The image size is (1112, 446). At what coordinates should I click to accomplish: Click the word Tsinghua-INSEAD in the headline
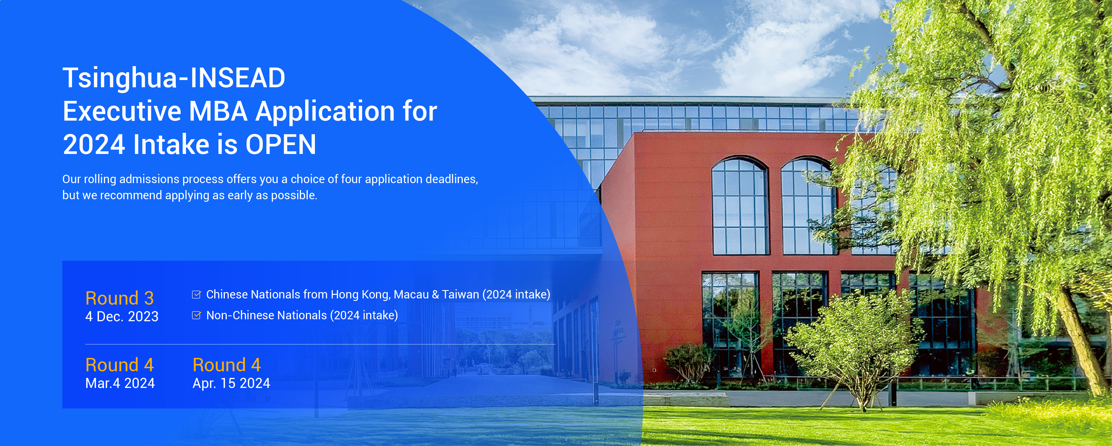174,78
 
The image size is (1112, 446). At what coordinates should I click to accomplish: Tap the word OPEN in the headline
281,144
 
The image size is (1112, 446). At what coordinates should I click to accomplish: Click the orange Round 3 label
120,298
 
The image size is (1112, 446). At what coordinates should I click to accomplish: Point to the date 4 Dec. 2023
122,317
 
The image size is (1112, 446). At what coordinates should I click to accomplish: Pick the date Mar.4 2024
120,383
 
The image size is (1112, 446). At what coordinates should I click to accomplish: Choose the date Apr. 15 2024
232,383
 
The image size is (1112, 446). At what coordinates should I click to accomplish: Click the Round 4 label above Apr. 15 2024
227,365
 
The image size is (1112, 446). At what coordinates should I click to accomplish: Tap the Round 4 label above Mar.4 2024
120,365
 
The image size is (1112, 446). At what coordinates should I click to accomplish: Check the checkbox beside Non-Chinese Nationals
196,315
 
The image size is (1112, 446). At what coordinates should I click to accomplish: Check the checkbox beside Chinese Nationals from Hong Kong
196,295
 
